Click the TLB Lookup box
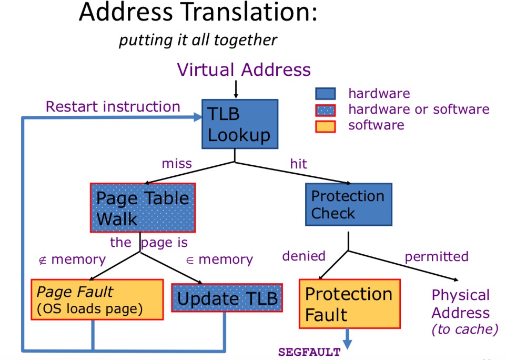point(240,124)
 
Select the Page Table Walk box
point(143,207)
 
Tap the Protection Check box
point(349,204)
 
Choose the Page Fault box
point(97,299)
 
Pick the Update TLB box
point(227,298)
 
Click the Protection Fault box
point(350,304)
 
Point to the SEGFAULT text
point(309,352)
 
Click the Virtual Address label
point(244,69)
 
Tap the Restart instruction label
point(113,106)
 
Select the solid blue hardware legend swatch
point(325,94)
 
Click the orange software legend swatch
point(325,126)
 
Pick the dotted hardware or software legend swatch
point(325,110)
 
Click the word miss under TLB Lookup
point(177,163)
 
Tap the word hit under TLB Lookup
point(299,164)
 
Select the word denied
point(303,256)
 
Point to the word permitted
point(437,257)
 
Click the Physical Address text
point(461,304)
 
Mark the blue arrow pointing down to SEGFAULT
point(347,339)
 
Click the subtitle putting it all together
point(198,41)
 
